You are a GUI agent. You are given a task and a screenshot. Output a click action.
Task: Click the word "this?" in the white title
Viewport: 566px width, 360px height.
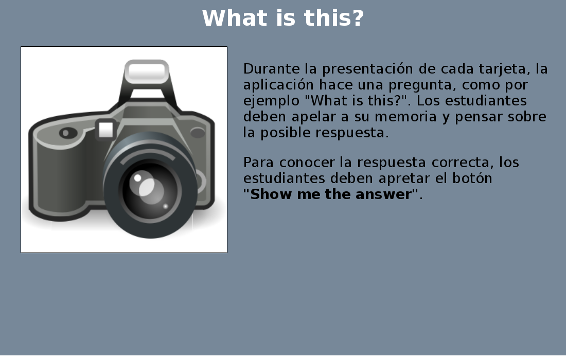(334, 18)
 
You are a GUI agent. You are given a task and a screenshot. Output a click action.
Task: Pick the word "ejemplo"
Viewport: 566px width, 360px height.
(271, 101)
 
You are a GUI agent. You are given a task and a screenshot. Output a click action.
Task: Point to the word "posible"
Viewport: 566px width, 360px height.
(285, 133)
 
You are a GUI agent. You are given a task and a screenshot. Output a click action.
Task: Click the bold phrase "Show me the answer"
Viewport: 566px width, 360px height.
(331, 194)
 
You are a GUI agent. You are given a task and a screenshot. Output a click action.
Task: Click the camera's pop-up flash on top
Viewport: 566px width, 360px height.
(147, 71)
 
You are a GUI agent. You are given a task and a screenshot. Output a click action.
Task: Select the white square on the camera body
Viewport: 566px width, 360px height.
(106, 130)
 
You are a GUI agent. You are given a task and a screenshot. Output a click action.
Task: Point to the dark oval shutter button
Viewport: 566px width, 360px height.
(68, 133)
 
